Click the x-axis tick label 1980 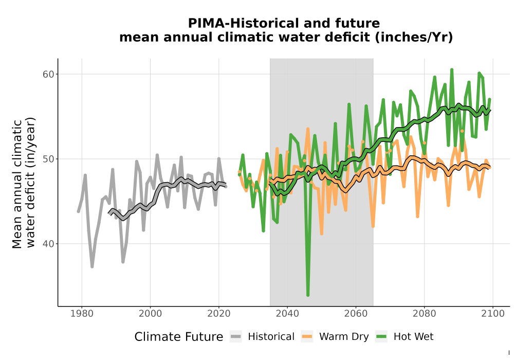tap(82, 314)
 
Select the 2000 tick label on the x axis tap(150, 314)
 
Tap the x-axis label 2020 tap(218, 314)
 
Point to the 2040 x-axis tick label tap(287, 314)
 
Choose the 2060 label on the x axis tap(356, 314)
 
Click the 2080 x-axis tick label tap(424, 314)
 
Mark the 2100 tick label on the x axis tap(493, 314)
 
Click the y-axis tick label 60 tap(48, 74)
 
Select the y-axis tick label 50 tap(48, 159)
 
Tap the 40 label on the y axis tap(48, 244)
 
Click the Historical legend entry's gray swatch tap(236, 336)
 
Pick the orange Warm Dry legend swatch tap(307, 336)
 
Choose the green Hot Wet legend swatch tap(381, 336)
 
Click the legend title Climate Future tap(179, 337)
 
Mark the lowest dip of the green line tap(308, 295)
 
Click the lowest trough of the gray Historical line tap(92, 266)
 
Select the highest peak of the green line tap(452, 69)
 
